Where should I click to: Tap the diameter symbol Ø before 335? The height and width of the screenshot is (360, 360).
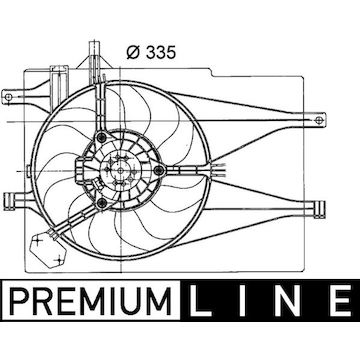pos(133,53)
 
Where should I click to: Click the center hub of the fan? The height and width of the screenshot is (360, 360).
pos(120,170)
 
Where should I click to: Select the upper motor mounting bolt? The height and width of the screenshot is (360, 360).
pos(102,137)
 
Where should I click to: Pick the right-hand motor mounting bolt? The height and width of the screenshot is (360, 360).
pos(160,170)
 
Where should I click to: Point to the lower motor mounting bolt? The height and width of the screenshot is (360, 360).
pos(103,202)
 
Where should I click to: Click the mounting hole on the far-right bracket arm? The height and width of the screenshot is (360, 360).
pos(318,119)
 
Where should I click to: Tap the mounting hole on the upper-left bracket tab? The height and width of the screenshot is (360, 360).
pos(9,97)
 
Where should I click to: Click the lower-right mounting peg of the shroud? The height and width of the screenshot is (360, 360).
pos(318,209)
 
